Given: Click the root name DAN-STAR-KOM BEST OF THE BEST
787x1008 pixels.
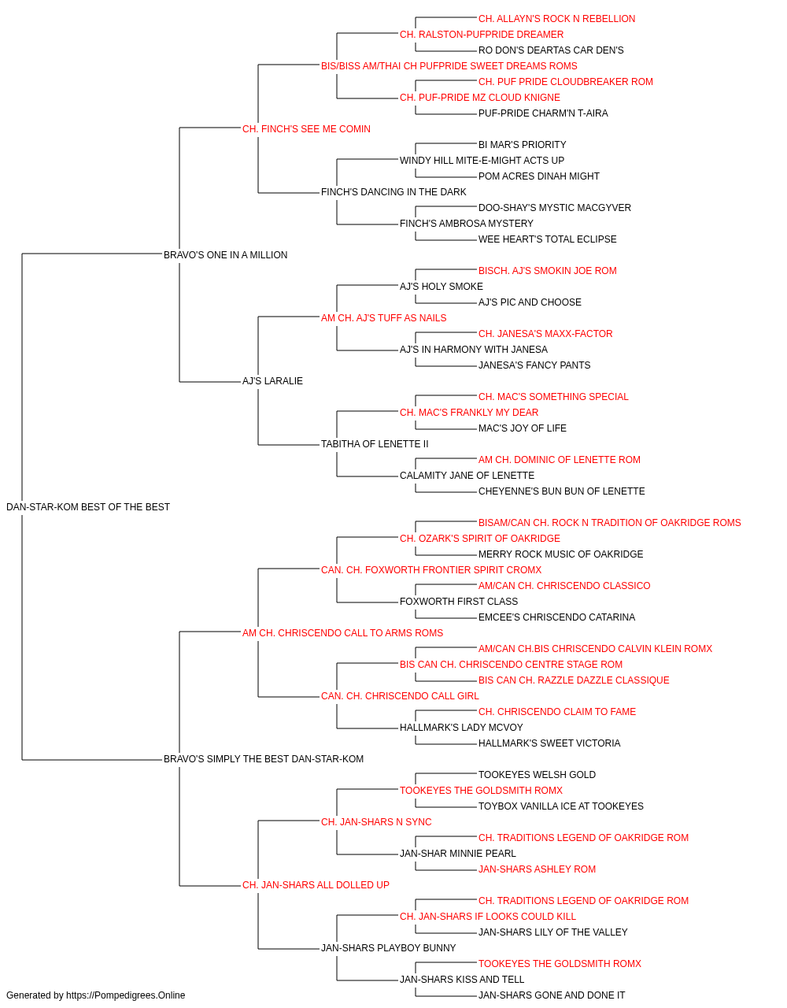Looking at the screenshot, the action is tap(88, 507).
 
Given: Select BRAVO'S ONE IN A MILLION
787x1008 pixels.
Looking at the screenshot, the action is tap(225, 254).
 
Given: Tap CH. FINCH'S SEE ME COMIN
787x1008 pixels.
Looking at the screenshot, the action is tap(306, 129).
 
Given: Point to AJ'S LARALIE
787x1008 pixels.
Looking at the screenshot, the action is tap(272, 381).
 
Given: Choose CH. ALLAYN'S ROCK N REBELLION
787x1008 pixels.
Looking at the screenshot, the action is tap(556, 19).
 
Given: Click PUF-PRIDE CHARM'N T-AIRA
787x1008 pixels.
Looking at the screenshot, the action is tap(543, 113).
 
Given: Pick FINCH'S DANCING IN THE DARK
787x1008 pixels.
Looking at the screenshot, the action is tap(393, 192).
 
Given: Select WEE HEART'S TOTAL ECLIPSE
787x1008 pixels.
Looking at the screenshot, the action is tap(548, 239).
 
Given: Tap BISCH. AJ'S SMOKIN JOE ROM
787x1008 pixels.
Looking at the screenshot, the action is tap(548, 271).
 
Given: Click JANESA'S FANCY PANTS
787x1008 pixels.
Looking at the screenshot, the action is tap(534, 365).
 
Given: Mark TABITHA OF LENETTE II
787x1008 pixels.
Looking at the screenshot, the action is tap(375, 444).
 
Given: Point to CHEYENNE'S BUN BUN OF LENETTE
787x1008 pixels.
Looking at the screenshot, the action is tap(561, 491).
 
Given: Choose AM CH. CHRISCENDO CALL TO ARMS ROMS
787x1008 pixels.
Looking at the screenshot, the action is tap(342, 633).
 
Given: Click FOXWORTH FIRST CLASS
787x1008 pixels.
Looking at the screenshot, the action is tap(459, 602).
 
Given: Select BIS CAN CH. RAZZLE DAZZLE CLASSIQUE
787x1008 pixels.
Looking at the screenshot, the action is tap(574, 680).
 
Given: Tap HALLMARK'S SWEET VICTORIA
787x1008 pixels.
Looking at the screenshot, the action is tap(549, 743).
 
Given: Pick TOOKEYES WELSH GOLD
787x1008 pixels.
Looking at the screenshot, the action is tap(538, 775).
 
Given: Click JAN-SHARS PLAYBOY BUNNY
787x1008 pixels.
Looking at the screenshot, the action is tap(389, 948).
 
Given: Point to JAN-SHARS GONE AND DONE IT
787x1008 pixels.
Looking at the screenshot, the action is tap(552, 995).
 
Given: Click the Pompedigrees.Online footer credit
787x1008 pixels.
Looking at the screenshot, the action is tap(95, 995).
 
